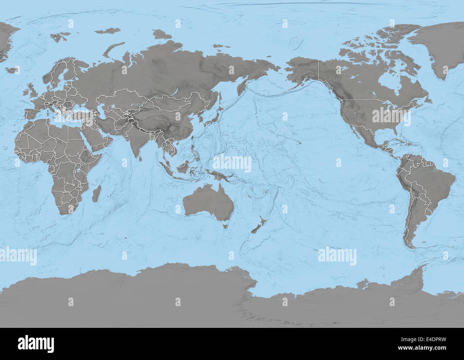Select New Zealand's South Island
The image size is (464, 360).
point(256,229)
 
